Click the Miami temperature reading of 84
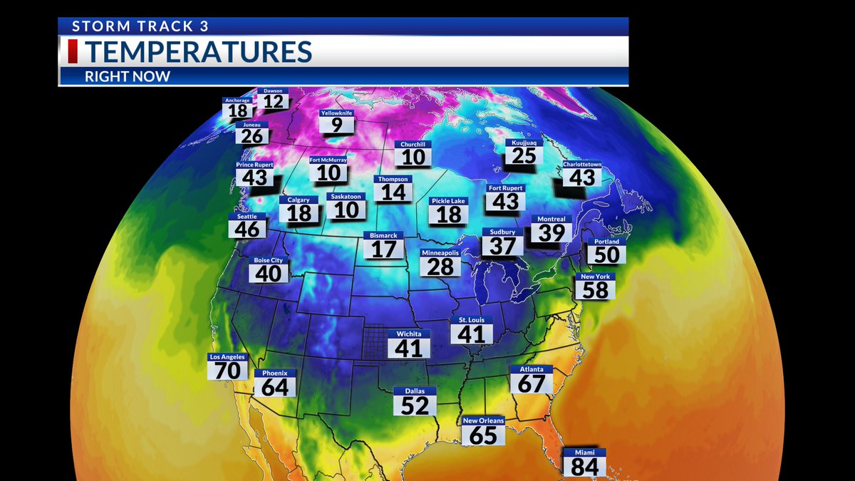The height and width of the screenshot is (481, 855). [584, 467]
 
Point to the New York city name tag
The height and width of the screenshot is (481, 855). [596, 276]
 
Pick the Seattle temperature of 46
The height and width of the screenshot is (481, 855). [247, 229]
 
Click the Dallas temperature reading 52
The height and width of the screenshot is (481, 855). [415, 405]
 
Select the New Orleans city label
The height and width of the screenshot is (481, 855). [483, 420]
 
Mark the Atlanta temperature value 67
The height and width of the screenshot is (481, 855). [532, 383]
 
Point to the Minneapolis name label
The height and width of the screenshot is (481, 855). [440, 253]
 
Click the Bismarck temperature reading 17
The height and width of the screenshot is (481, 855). [383, 249]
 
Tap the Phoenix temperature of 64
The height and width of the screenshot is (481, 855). [275, 387]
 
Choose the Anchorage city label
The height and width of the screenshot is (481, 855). [237, 100]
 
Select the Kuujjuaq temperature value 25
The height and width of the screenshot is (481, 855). [524, 155]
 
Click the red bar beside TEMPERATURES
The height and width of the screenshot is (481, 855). [72, 52]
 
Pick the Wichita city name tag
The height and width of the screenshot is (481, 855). [409, 333]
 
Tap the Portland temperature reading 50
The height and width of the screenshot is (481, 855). [606, 255]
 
